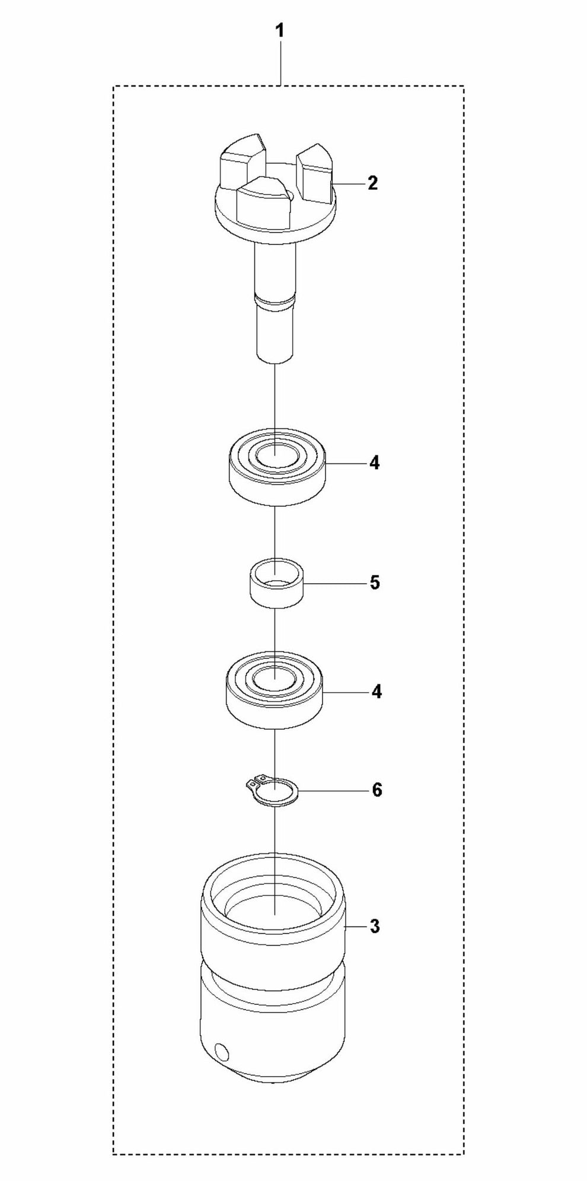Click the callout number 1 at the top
(x=280, y=31)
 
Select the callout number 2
(x=372, y=183)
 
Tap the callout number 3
(x=375, y=927)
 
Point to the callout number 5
(x=375, y=582)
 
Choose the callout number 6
(x=377, y=790)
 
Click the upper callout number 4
(x=374, y=463)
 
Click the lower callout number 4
(x=377, y=692)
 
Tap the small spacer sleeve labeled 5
(x=274, y=582)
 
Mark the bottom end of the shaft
(x=275, y=358)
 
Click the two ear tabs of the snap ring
(x=256, y=780)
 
